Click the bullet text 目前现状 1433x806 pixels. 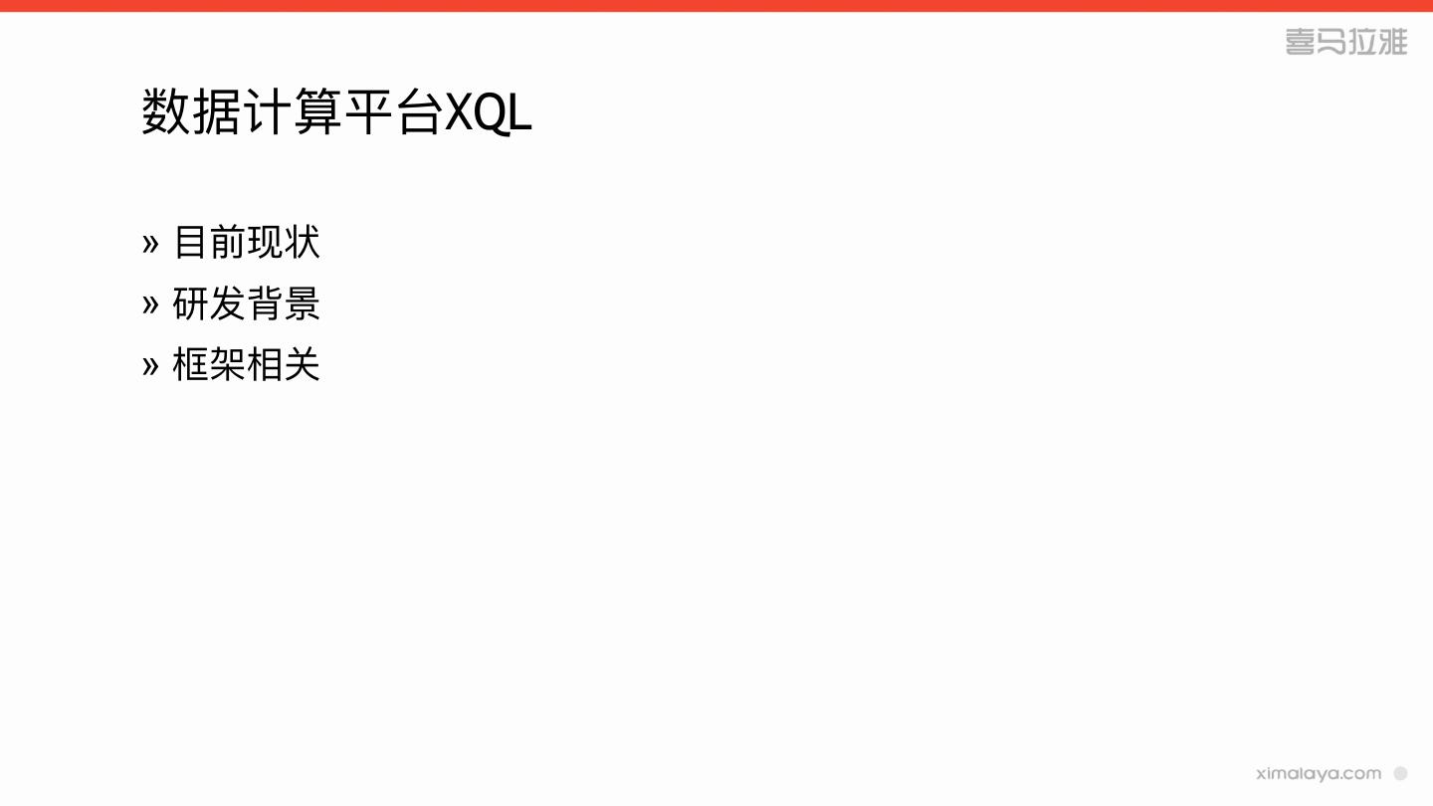pos(247,243)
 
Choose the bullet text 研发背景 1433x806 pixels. pos(247,304)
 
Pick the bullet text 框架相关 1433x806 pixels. pos(247,365)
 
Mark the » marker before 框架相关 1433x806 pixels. pos(150,366)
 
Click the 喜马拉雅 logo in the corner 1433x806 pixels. pos(1346,42)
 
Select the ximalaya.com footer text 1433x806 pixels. pos(1319,773)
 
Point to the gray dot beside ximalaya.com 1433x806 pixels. pos(1400,773)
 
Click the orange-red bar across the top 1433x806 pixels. pos(716,6)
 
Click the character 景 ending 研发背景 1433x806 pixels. pos(302,304)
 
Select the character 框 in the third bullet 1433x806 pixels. pos(191,365)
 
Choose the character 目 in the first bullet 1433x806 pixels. pos(191,243)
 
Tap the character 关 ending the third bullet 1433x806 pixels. pos(302,365)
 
